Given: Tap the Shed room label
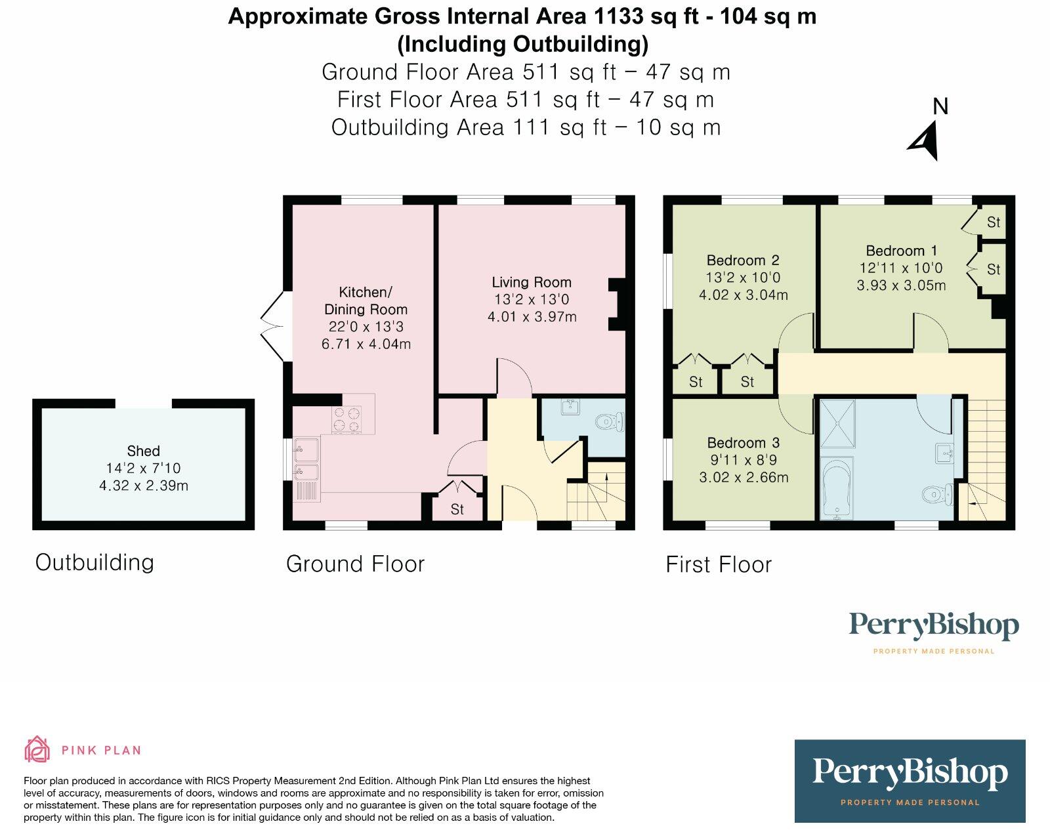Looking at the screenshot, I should [x=143, y=451].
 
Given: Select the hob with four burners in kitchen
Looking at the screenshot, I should [x=348, y=420].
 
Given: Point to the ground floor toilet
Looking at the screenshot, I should [x=610, y=421].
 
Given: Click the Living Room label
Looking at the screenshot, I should [x=532, y=282].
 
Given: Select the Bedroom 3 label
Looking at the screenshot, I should [x=743, y=443].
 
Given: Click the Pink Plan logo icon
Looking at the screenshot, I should [x=37, y=749].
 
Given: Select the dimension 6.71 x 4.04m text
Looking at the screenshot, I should [x=366, y=344].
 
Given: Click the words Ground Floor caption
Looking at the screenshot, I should [x=355, y=564].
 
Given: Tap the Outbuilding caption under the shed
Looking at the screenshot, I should [x=94, y=562].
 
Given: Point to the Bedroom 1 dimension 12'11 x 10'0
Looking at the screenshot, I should [x=900, y=268].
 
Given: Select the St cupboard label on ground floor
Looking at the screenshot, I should [x=457, y=509].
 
